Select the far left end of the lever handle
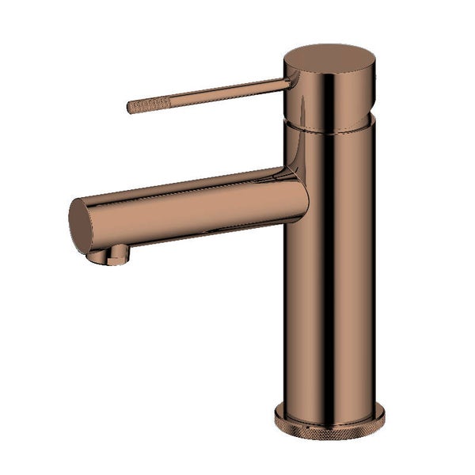[129, 107]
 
